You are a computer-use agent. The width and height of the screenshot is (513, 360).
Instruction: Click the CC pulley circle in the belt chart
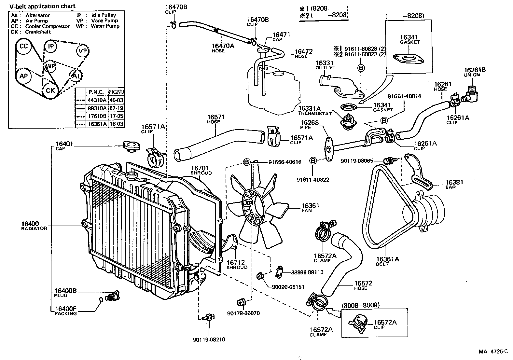pyautogui.click(x=24, y=46)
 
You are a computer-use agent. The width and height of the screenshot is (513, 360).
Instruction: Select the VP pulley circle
pyautogui.click(x=83, y=51)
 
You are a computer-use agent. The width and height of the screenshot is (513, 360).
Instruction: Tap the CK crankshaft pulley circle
pyautogui.click(x=50, y=90)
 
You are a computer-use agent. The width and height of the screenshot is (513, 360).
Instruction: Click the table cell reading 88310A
pyautogui.click(x=97, y=108)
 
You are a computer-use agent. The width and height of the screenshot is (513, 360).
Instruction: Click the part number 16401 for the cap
pyautogui.click(x=64, y=144)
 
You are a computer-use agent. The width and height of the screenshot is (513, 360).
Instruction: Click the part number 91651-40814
pyautogui.click(x=404, y=96)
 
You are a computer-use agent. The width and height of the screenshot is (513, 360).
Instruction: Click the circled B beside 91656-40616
pyautogui.click(x=247, y=162)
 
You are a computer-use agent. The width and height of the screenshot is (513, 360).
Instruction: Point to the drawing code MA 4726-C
pyautogui.click(x=493, y=352)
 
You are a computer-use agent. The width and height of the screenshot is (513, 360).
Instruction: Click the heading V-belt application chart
pyautogui.click(x=42, y=6)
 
